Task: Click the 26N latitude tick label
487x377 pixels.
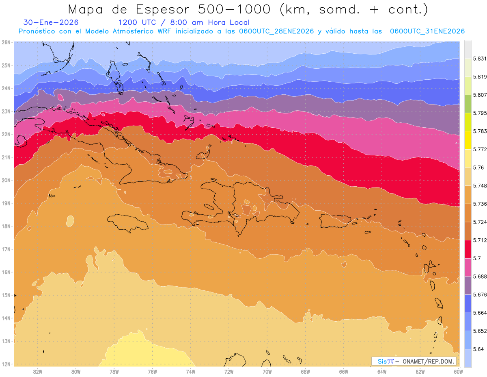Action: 6,42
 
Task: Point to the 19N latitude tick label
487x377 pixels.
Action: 6,203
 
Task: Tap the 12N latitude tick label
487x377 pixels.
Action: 6,364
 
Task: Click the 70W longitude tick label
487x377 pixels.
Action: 267,371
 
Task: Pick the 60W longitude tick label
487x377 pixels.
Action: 458,371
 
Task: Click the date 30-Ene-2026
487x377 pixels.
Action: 51,22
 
